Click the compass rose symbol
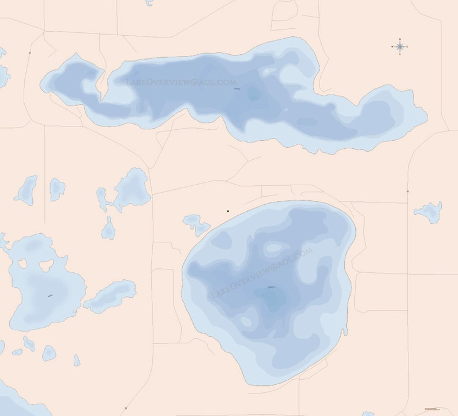point(400,47)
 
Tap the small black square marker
point(228,212)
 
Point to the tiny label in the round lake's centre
point(272,287)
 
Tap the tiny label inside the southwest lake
point(50,297)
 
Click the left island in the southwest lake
point(23,264)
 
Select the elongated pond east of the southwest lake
point(110,296)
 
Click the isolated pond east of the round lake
point(429,212)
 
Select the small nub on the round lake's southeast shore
point(345,332)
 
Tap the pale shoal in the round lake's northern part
point(274,248)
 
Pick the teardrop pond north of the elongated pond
point(108,229)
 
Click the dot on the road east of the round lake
point(408,191)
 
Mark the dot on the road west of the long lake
point(29,53)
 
